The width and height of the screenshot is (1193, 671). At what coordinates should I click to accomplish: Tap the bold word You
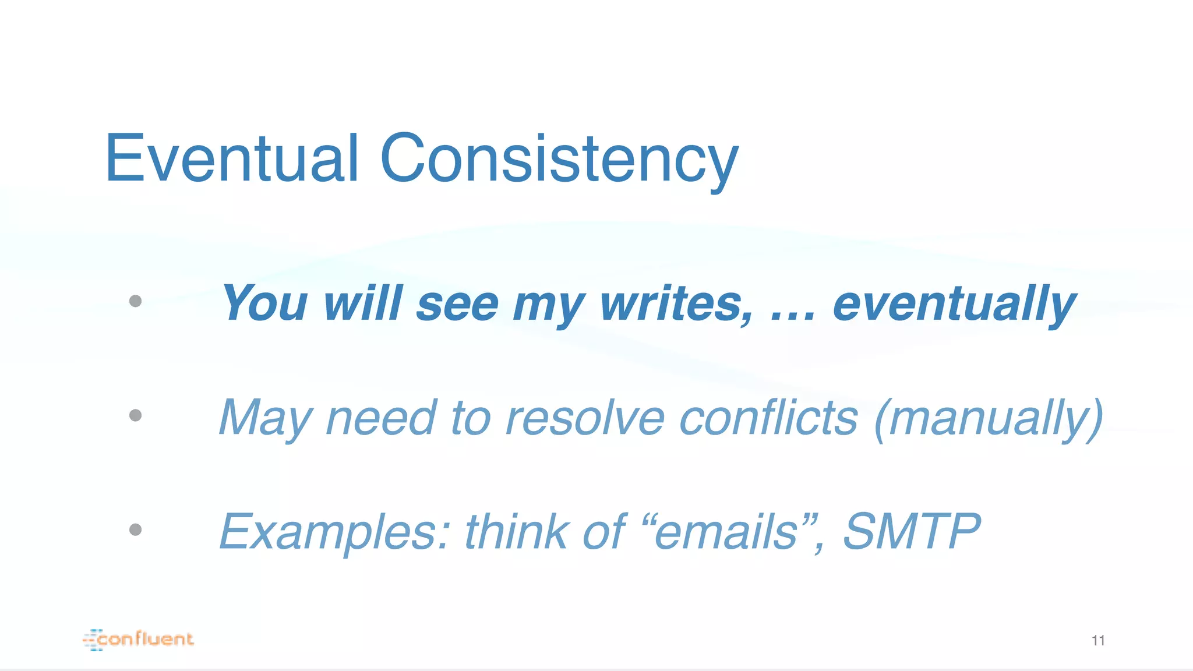point(264,303)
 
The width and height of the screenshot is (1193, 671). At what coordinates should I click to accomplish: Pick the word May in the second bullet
point(266,418)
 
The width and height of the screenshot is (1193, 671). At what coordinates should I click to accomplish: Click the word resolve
point(585,417)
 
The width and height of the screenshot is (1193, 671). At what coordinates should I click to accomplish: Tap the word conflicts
point(768,417)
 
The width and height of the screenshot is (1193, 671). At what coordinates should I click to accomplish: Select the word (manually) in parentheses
point(989,418)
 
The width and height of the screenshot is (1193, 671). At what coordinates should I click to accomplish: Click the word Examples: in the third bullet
point(334,531)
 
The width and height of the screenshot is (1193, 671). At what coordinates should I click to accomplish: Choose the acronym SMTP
point(912,531)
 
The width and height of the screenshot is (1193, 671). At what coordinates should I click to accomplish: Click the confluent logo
point(139,639)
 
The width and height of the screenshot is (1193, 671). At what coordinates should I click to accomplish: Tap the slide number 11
point(1098,641)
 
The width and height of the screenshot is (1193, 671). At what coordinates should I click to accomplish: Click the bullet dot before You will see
point(136,301)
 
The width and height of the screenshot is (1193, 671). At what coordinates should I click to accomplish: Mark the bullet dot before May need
point(136,415)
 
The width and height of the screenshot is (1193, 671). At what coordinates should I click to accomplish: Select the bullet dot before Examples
point(136,529)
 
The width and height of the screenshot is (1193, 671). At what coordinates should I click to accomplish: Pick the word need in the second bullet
point(381,417)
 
